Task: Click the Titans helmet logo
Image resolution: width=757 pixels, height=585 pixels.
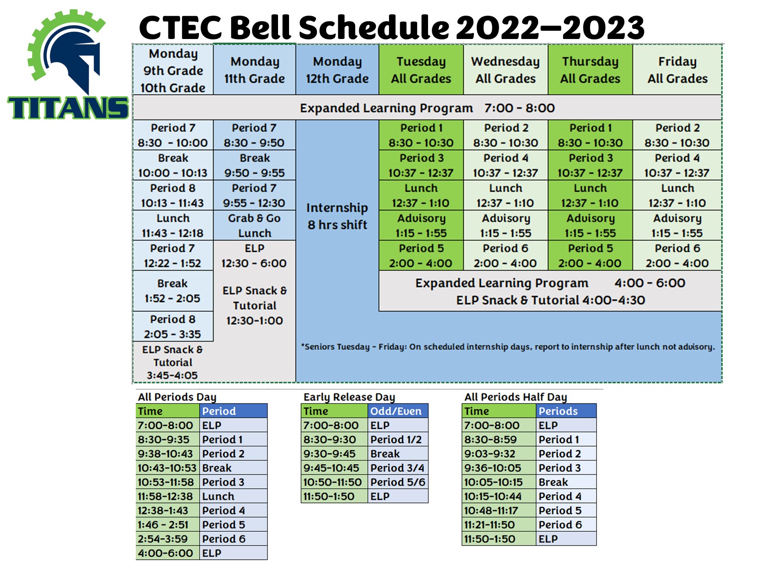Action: coord(66,52)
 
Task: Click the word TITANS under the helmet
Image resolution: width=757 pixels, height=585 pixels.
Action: coord(68,108)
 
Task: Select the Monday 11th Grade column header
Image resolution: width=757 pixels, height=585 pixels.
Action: coord(254,70)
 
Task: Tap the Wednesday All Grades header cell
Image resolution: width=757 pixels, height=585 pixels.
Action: coord(505,70)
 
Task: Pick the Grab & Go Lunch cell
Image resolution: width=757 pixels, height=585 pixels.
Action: coord(254,225)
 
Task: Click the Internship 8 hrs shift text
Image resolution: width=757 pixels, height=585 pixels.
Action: coord(337,216)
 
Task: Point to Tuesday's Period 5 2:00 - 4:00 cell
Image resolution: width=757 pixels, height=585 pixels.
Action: coord(421,256)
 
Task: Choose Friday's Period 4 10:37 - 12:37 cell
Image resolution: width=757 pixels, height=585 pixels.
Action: coord(677,165)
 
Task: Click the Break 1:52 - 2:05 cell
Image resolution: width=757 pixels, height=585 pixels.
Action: coord(173,290)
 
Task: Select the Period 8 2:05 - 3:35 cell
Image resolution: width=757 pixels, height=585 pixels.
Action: coord(173,326)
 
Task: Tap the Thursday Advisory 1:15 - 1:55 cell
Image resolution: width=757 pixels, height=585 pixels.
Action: coord(590,225)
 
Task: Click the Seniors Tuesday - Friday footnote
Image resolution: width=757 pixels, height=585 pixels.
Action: coord(508,347)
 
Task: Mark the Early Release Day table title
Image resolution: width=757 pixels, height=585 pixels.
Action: coord(349,397)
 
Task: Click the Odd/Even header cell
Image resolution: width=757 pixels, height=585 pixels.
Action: coord(398,411)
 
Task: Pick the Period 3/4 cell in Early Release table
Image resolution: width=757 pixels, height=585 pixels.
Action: coord(398,468)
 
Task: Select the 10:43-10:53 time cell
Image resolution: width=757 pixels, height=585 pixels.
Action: coord(167,468)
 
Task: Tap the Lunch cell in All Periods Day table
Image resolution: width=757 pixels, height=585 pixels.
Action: coord(233,496)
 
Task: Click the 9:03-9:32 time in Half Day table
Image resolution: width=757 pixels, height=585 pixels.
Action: coord(499,454)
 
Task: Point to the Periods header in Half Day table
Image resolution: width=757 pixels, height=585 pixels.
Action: coord(566,411)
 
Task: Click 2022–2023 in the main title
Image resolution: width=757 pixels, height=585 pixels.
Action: coord(550,28)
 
